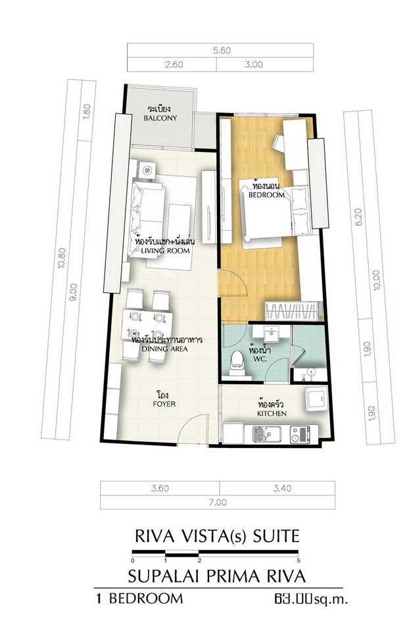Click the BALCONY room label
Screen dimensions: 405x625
point(160,118)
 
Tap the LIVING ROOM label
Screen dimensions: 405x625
point(165,251)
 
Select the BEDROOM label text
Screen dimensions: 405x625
point(266,195)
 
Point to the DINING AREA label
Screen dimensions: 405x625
point(164,349)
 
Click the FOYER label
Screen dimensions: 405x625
point(164,404)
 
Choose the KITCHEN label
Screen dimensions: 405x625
point(272,414)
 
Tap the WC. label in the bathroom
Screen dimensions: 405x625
point(258,359)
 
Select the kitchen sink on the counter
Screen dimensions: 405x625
point(266,434)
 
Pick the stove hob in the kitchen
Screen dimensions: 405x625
point(300,434)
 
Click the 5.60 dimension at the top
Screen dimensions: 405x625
point(222,51)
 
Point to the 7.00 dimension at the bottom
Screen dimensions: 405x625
point(218,502)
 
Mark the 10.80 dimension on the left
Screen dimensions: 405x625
point(61,259)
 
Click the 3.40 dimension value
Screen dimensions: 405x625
point(282,488)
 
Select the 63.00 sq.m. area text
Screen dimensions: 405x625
point(310,599)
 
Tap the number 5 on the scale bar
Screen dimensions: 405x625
point(298,560)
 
